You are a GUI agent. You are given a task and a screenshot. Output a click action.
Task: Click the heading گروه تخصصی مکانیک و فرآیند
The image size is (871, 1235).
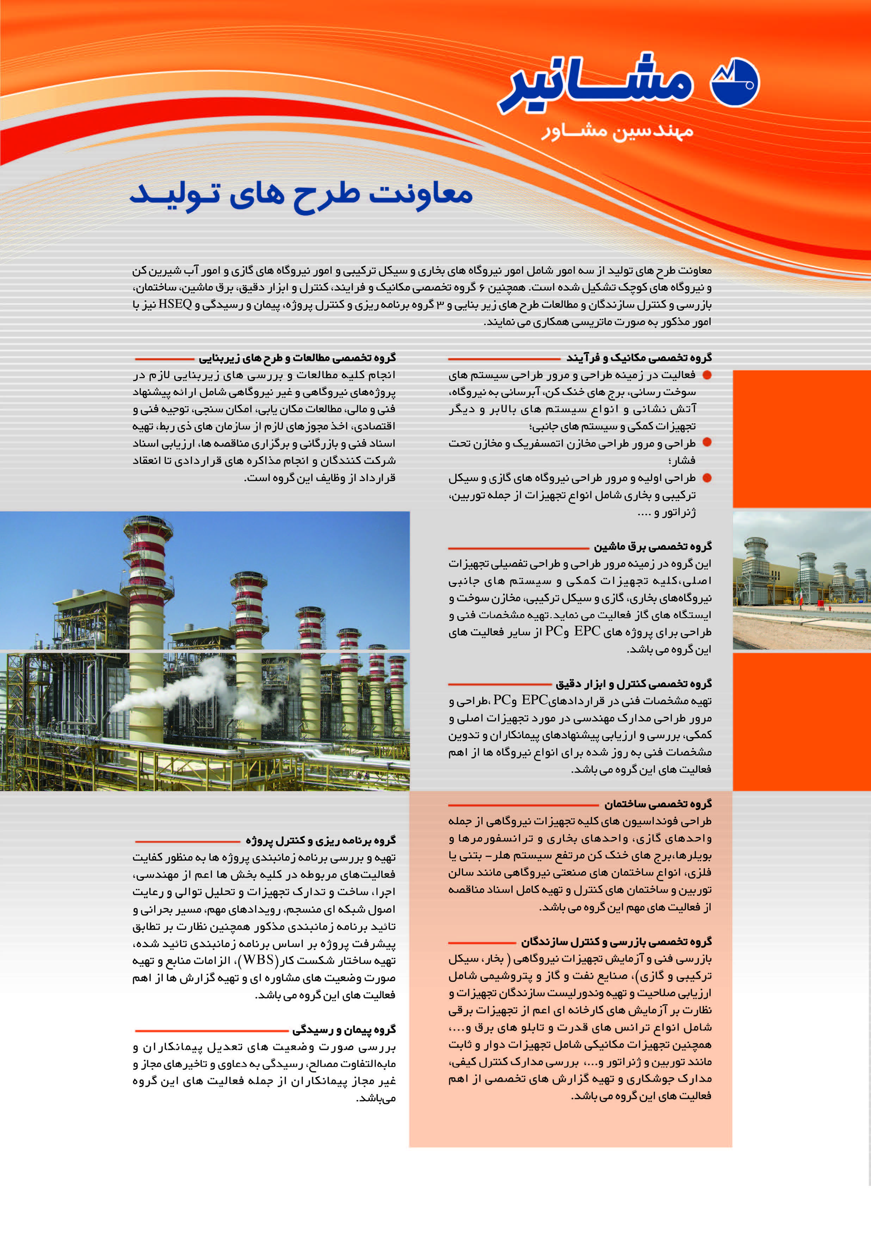[x=639, y=357]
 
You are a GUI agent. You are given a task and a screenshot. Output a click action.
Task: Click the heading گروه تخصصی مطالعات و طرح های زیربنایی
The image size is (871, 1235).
[x=297, y=357]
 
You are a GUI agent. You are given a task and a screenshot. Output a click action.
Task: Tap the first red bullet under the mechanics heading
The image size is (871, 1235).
[x=707, y=375]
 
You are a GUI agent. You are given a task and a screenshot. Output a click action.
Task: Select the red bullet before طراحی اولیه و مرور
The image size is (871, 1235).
[x=707, y=478]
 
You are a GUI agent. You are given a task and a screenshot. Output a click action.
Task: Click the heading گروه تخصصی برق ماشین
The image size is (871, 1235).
[x=652, y=546]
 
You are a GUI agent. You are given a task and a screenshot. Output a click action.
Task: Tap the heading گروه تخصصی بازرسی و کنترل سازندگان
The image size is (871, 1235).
[x=616, y=941]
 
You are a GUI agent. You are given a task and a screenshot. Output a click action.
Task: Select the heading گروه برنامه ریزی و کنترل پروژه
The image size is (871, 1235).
[x=320, y=840]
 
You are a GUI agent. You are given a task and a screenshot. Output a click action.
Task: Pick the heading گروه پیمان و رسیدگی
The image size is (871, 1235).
[x=344, y=1029]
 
